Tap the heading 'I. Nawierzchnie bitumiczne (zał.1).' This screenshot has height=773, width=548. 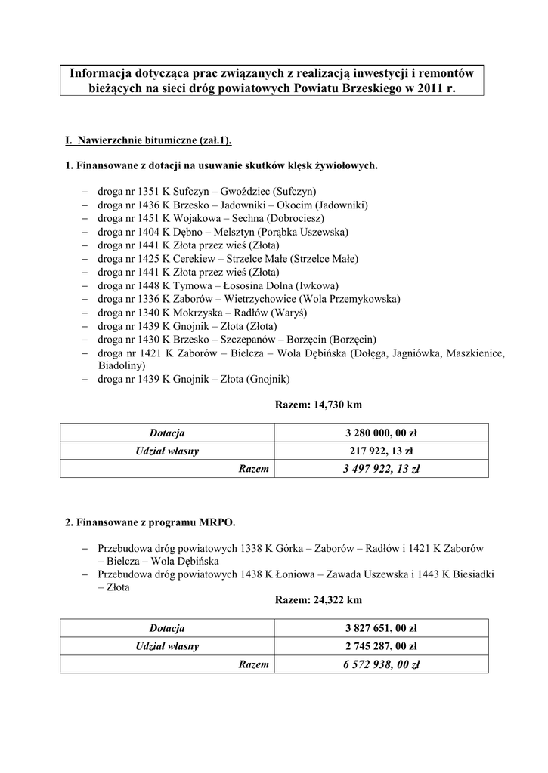point(149,141)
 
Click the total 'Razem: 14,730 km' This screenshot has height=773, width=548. point(312,405)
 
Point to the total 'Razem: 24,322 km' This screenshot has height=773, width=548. point(312,600)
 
